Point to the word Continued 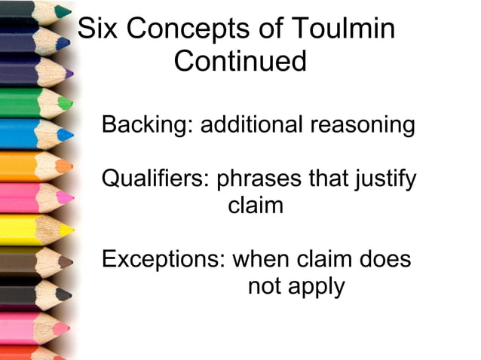(240, 61)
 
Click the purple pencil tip (69, 74)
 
